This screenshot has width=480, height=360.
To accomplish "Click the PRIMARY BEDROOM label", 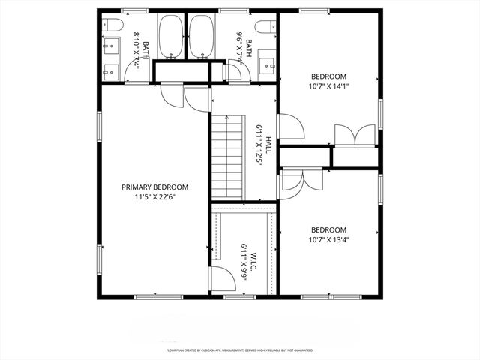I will pos(155,187).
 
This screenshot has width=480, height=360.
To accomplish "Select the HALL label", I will pos(268,139).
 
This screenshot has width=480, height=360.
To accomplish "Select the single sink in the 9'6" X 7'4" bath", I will pos(266,67).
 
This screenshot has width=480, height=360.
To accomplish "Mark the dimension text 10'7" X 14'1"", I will pos(328,86).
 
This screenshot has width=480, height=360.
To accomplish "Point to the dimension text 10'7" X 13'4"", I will pos(328,240).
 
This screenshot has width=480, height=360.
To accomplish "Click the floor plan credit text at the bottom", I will pos(240,349).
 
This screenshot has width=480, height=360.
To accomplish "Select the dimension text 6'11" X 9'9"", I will pos(244,260).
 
